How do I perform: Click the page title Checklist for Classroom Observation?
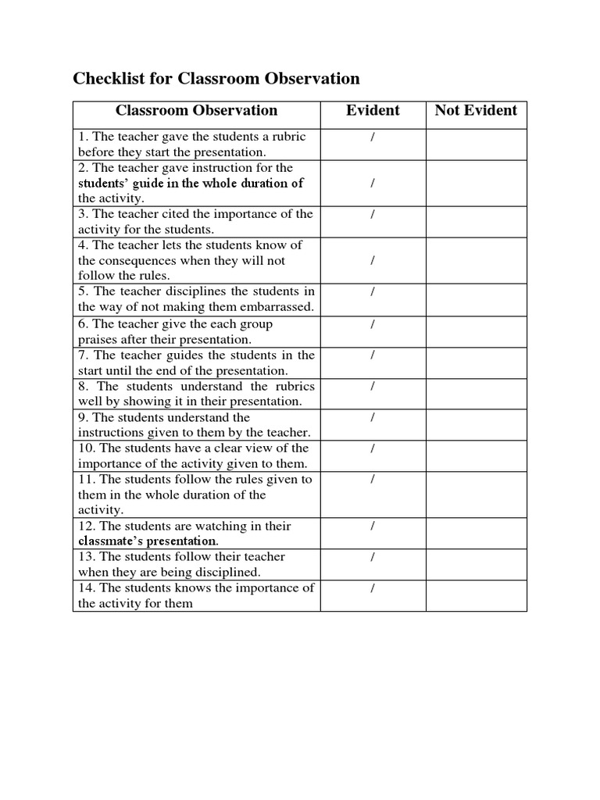click(216, 79)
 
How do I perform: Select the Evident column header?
click(373, 110)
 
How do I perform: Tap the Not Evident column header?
click(476, 110)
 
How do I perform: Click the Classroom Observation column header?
click(196, 110)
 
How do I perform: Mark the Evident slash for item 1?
click(373, 137)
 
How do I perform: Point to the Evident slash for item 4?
click(373, 260)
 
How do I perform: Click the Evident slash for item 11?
click(373, 479)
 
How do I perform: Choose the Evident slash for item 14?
click(373, 587)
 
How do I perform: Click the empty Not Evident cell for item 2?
click(476, 183)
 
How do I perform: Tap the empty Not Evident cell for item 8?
click(476, 394)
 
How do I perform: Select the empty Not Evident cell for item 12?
click(476, 533)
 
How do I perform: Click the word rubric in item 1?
click(287, 137)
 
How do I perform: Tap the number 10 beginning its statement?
click(85, 448)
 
